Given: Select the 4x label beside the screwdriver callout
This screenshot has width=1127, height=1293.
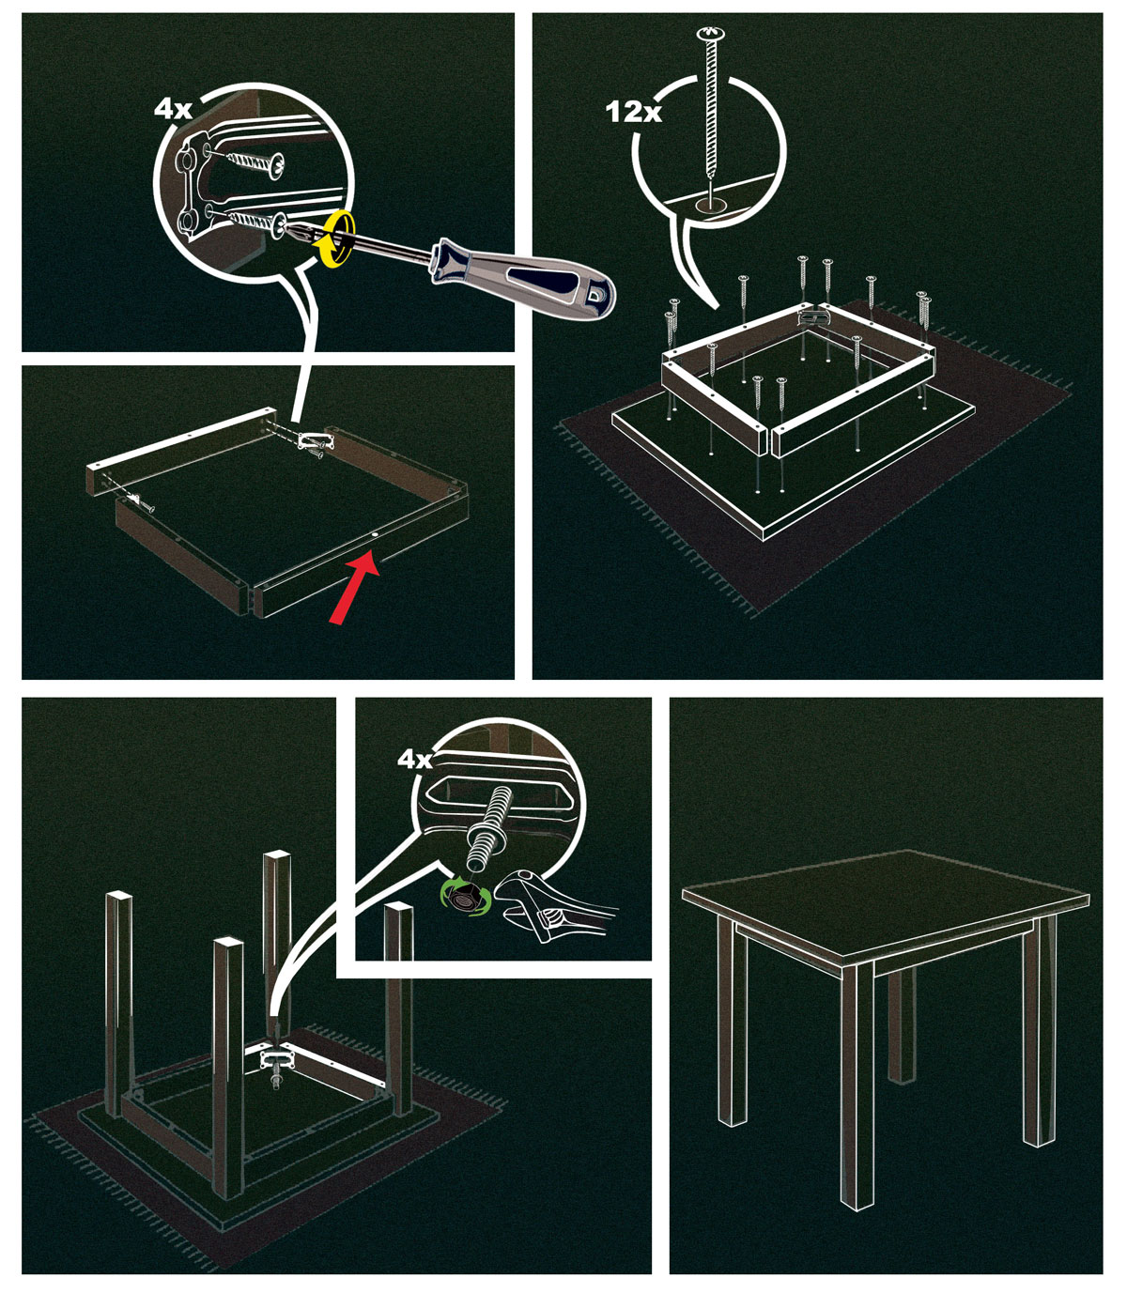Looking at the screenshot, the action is (x=173, y=109).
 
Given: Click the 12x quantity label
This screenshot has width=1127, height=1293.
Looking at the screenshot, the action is (x=633, y=112).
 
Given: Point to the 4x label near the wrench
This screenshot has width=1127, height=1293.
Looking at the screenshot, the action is (x=415, y=759).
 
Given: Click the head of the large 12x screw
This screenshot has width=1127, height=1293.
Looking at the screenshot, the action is (x=710, y=33).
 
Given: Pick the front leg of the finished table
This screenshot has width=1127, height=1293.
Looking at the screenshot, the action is (x=857, y=1085).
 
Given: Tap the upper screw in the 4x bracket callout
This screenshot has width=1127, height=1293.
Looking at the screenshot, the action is (x=251, y=162).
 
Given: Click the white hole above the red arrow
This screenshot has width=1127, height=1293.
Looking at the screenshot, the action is (x=375, y=534).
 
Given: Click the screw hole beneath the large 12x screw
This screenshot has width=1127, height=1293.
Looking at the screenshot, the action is (x=711, y=205).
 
